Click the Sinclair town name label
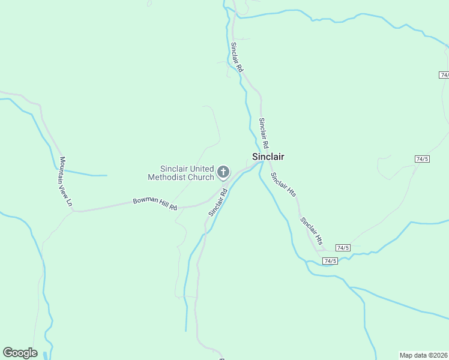pyautogui.click(x=268, y=157)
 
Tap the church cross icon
pyautogui.click(x=223, y=173)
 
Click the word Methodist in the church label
pyautogui.click(x=170, y=177)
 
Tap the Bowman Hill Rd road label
pyautogui.click(x=155, y=203)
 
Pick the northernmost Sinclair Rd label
pyautogui.click(x=237, y=57)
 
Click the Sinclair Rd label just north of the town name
pyautogui.click(x=264, y=133)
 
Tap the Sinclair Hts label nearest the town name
pyautogui.click(x=283, y=185)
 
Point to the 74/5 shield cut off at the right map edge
pyautogui.click(x=444, y=75)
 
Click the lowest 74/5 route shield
pyautogui.click(x=330, y=261)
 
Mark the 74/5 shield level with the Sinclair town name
pyautogui.click(x=422, y=159)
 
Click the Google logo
pyautogui.click(x=20, y=353)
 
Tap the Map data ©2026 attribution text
pyautogui.click(x=423, y=355)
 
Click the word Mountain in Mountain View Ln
pyautogui.click(x=63, y=171)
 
